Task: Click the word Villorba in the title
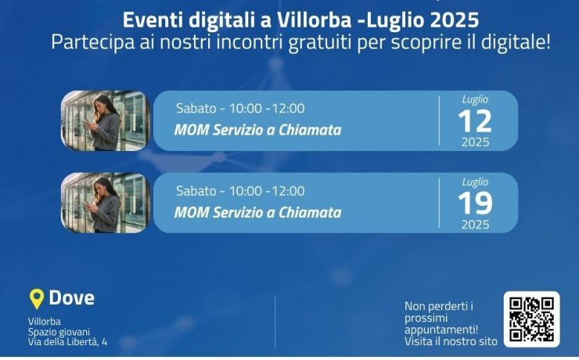315,20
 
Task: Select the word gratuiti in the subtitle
319,42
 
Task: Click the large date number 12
475,121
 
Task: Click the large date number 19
475,203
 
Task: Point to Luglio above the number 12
475,99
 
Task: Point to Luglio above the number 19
475,182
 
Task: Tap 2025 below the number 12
475,142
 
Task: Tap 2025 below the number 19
475,225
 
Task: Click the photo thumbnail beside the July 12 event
106,121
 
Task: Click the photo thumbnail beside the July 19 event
106,203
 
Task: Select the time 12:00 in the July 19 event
289,191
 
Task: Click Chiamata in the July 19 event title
310,212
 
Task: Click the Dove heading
72,297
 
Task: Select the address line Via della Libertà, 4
67,342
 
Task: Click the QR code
532,320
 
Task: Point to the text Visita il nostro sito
451,341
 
